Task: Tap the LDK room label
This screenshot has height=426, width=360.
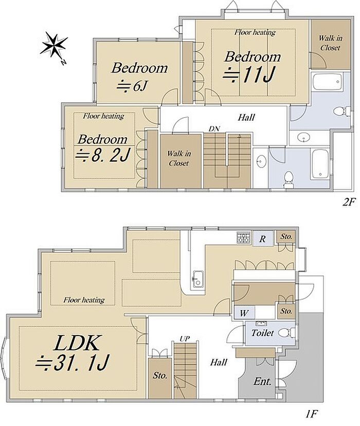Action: (76, 343)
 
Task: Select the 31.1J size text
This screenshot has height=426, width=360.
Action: (73, 363)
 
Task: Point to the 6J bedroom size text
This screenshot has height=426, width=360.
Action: (132, 87)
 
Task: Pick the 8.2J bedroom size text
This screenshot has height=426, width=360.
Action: (103, 154)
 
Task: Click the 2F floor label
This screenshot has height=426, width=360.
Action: (349, 202)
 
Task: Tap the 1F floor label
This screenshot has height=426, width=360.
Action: (311, 414)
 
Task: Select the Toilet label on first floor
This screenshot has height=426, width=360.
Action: (262, 333)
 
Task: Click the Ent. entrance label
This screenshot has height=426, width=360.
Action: (262, 381)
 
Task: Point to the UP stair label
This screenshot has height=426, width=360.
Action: (185, 339)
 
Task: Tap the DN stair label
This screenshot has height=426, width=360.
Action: (214, 129)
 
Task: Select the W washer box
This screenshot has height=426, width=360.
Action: (244, 313)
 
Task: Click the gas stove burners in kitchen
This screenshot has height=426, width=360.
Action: (243, 238)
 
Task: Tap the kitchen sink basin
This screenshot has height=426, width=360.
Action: (197, 279)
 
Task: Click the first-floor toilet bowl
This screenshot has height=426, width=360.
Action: (285, 332)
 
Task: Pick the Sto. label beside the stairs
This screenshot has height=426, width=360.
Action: (160, 376)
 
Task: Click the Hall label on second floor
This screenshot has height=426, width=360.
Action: (246, 117)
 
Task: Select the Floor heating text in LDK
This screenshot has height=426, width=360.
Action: (84, 300)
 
